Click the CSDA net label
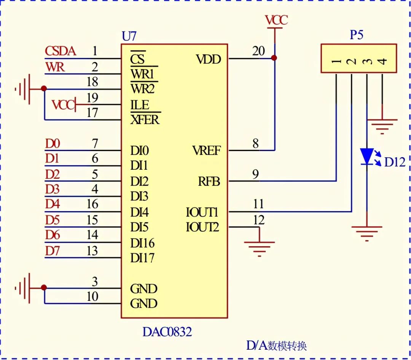coord(61,51)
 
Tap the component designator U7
coord(129,37)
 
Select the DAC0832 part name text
coord(167,332)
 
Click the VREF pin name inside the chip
coord(206,151)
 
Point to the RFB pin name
coord(209,182)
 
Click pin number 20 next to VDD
coord(258,51)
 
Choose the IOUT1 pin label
coord(202,212)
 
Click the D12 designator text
coord(395,162)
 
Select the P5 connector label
coord(357,35)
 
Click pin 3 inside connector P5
coord(367,61)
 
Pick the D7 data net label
coord(53,251)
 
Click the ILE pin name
coord(140,105)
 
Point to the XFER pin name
coord(145,120)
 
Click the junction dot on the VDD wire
coord(274,58)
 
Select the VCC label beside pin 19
coord(63,105)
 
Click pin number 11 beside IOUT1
coord(258,204)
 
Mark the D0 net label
coord(53,144)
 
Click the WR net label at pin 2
coord(55,67)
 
